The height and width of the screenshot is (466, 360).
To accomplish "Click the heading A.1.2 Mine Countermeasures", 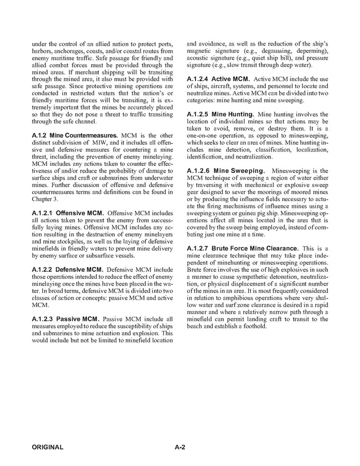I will tap(75, 135).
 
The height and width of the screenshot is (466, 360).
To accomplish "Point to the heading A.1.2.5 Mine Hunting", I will tap(220, 114).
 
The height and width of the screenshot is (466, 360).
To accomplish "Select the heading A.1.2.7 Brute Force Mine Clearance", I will tap(242, 248).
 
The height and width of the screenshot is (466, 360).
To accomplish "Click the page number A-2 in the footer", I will tap(180, 447).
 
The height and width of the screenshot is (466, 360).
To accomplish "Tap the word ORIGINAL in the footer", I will tap(48, 447).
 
